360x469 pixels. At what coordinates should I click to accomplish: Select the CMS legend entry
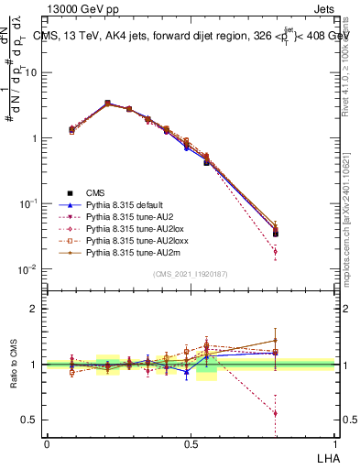coord(95,191)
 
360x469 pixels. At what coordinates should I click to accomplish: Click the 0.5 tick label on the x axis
coord(191,443)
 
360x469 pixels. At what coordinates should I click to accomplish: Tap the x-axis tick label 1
coord(334,443)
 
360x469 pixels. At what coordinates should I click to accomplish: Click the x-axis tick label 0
coord(47,443)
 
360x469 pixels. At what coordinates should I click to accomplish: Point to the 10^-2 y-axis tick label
coord(27,268)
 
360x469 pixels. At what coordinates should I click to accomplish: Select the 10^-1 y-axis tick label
coord(27,203)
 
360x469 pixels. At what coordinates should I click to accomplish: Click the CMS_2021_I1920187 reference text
coord(191,274)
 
